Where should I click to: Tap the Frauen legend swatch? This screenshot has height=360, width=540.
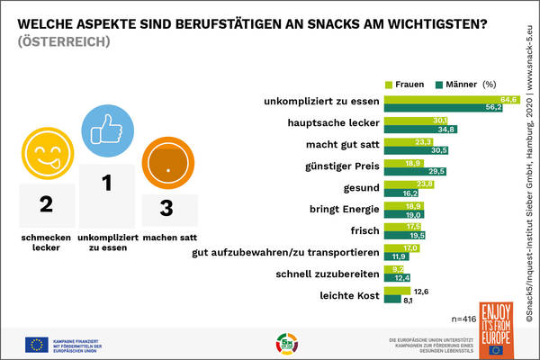[390, 84]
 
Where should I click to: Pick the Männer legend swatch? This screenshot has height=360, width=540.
[438, 84]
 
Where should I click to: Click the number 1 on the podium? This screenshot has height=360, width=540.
[106, 183]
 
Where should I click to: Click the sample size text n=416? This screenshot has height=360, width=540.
[465, 319]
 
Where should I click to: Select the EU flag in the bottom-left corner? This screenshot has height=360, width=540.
[37, 344]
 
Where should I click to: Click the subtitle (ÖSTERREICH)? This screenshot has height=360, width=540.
[63, 41]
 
